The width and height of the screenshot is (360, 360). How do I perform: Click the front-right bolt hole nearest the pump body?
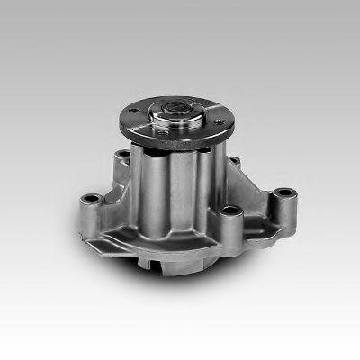(231, 212)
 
